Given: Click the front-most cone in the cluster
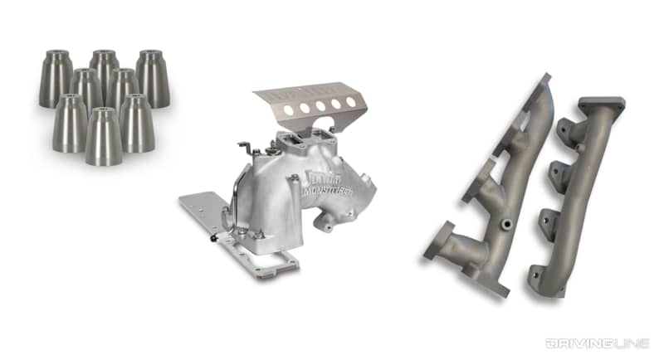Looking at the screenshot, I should pyautogui.click(x=104, y=138).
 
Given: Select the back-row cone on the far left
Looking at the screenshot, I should pyautogui.click(x=56, y=79).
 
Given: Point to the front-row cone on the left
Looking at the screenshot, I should pyautogui.click(x=70, y=123).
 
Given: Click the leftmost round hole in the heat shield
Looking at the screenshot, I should pyautogui.click(x=287, y=109).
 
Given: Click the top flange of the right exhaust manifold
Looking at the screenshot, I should pyautogui.click(x=602, y=108).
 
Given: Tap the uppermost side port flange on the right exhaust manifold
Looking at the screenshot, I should pyautogui.click(x=568, y=133).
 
